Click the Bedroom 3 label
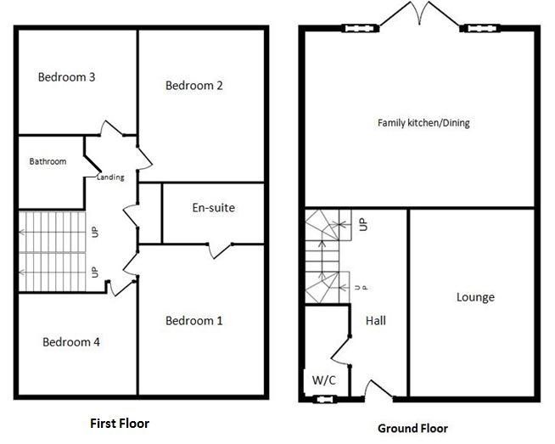(x=66, y=77)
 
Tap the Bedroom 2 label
(x=194, y=85)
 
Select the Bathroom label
(x=48, y=161)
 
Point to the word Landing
(x=109, y=177)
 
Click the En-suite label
(x=213, y=207)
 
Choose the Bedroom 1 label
(x=194, y=320)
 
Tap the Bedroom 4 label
(x=71, y=342)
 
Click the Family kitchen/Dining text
(x=423, y=123)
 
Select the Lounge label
(x=475, y=297)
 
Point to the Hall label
(x=376, y=321)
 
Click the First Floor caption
(x=120, y=422)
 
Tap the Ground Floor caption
(x=412, y=428)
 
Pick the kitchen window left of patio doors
(x=355, y=29)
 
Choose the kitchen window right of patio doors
(x=474, y=29)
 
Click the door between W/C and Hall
(x=344, y=347)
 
